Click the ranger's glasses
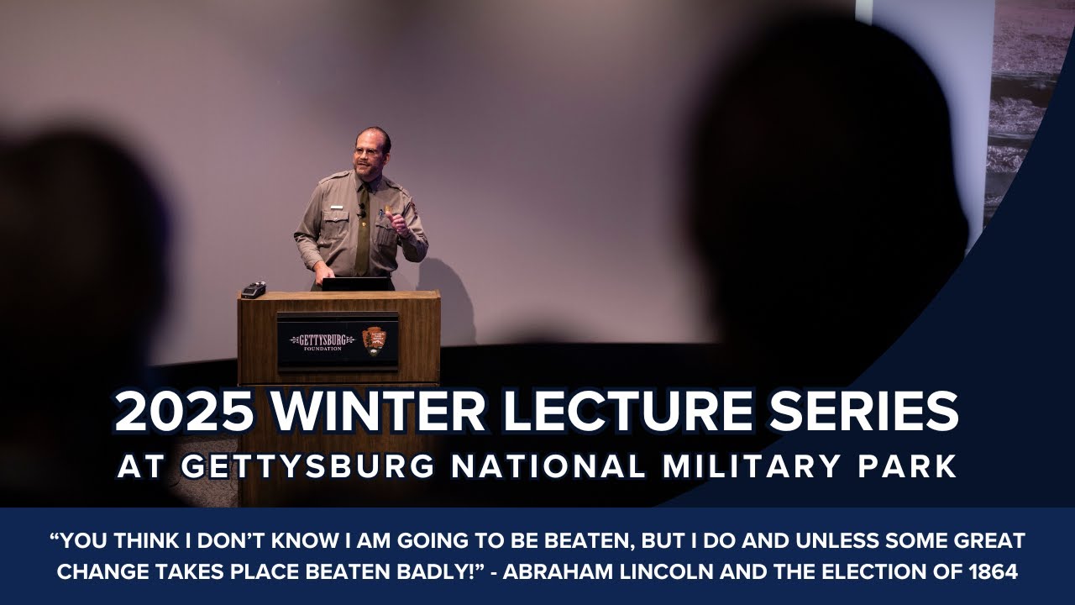pos(367,151)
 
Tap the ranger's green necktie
pos(363,235)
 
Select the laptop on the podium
pos(356,284)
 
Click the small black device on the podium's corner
pos(254,289)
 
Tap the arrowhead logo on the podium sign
pos(375,340)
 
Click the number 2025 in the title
pos(184,413)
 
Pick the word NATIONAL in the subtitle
pos(546,467)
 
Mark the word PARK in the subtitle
pos(911,467)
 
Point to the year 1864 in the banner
pos(994,573)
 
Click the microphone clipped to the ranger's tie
pos(362,213)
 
